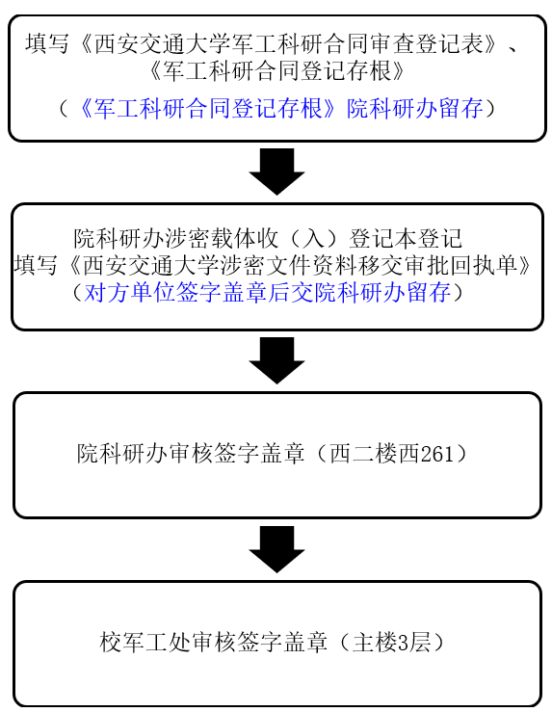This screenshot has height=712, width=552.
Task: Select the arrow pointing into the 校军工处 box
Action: pos(276,549)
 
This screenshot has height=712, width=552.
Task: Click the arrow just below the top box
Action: pos(276,171)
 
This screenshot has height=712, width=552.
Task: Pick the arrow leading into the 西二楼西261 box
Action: pos(276,360)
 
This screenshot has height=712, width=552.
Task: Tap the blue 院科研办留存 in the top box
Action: pos(415,109)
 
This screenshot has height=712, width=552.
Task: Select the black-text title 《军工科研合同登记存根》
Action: pos(276,70)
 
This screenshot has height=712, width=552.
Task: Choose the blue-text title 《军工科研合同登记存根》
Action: pos(208,109)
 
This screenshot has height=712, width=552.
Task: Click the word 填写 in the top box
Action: pos(47,44)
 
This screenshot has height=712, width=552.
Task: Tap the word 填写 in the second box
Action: pos(36,265)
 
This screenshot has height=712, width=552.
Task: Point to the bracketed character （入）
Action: pos(314,238)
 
